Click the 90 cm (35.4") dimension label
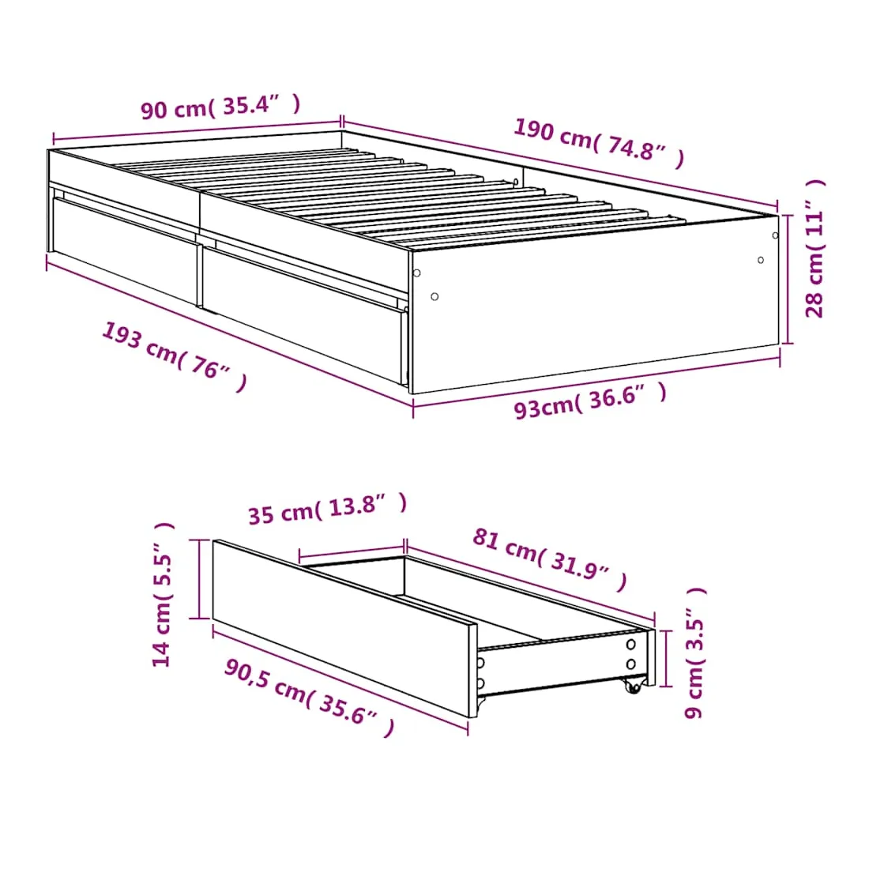(x=220, y=106)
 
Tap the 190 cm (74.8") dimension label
(x=599, y=143)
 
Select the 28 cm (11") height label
(x=815, y=248)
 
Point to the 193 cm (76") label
(x=175, y=356)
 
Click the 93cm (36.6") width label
(x=590, y=401)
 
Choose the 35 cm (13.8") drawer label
(x=327, y=509)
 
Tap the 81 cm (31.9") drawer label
(x=550, y=559)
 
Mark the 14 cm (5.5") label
(x=163, y=594)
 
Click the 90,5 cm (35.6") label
(x=309, y=698)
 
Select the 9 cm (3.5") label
(x=695, y=653)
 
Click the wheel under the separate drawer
(x=632, y=686)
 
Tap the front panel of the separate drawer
(x=344, y=629)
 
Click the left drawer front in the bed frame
(x=126, y=250)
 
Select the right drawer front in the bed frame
(x=303, y=314)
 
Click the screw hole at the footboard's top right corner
(x=775, y=235)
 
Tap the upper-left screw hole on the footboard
(x=417, y=273)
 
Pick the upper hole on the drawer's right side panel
(x=631, y=645)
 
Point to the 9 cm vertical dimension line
(x=666, y=658)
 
